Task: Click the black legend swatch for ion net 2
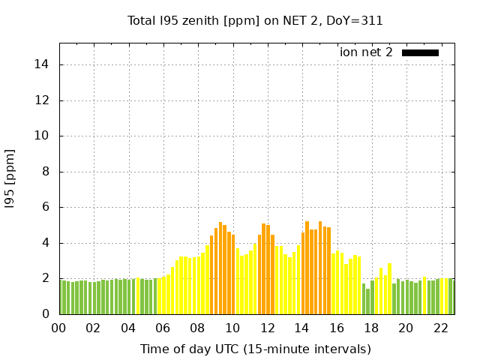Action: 420,52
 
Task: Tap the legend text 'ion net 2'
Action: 366,52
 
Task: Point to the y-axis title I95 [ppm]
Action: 10,178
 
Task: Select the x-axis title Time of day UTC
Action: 256,349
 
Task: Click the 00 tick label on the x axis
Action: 59,328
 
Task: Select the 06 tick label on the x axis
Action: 163,328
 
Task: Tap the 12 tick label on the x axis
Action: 267,328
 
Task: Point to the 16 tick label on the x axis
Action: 337,328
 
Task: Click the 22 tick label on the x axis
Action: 441,328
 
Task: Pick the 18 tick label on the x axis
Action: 371,328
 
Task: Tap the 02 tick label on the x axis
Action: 94,328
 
